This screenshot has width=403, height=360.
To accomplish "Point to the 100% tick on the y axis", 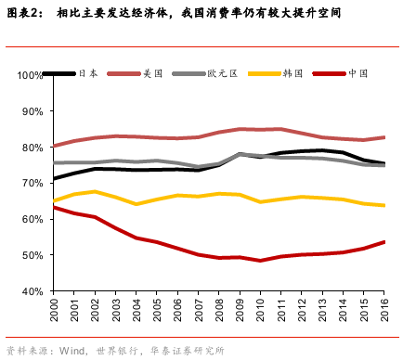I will (x=32, y=74).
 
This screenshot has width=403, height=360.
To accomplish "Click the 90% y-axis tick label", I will (x=33, y=110).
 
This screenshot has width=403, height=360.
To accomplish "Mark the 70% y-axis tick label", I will (x=33, y=183).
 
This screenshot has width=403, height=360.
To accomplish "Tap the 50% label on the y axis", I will (x=33, y=255).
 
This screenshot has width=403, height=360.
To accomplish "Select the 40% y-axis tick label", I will (x=33, y=291).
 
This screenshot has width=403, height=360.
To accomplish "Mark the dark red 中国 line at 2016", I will (x=384, y=242).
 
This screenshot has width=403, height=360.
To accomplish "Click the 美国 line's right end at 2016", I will (x=384, y=137).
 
